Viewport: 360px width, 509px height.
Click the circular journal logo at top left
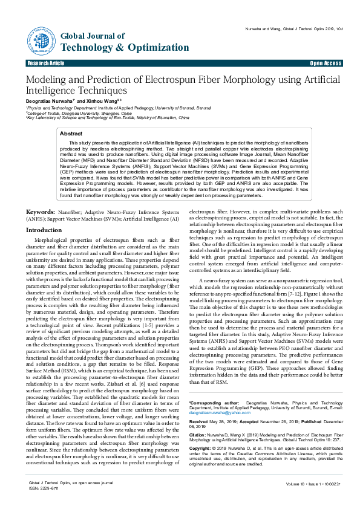[x=41, y=41]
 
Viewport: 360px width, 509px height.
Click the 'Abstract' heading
[x=71, y=133]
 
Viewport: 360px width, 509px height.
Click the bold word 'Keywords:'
[x=41, y=212]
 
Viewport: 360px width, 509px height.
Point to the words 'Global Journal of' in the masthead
[x=87, y=37]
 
